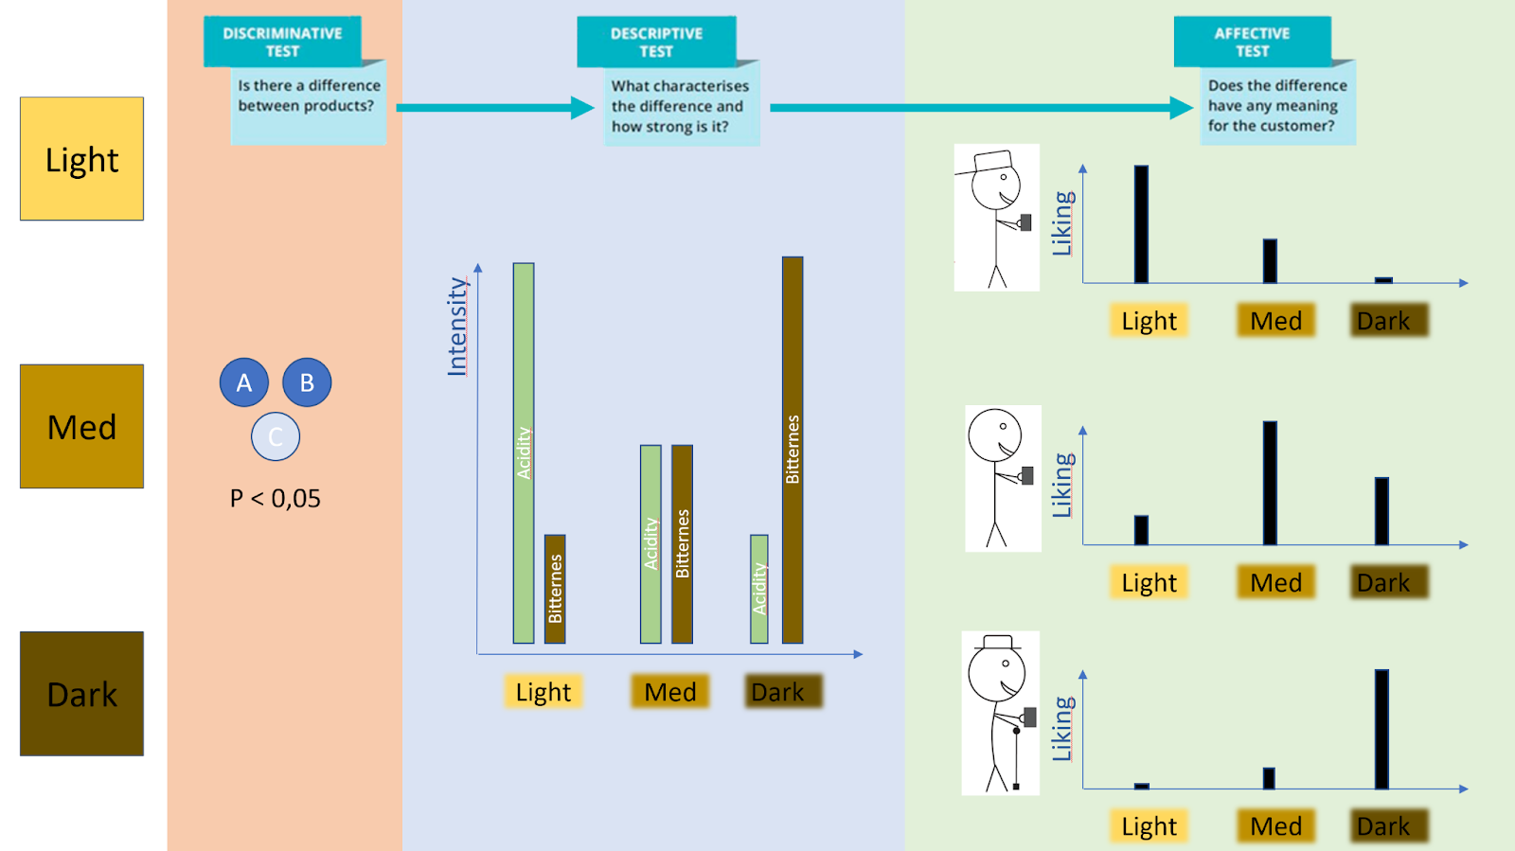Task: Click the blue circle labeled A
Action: pos(244,382)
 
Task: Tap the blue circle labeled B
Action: pos(307,382)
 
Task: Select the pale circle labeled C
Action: pos(276,436)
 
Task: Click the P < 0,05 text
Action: pos(276,499)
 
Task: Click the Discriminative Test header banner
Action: pos(282,42)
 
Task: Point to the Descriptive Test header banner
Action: pos(656,42)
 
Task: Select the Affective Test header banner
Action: pos(1252,42)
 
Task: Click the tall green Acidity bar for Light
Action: pos(524,452)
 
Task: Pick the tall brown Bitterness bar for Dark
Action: pos(793,450)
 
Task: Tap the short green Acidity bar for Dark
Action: pos(759,589)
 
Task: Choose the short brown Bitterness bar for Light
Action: pos(555,589)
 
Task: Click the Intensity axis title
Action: pos(457,327)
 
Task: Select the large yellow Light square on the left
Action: pos(82,159)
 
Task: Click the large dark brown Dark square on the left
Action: pos(82,694)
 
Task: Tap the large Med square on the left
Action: pos(82,426)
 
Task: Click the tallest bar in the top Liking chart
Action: pos(1141,224)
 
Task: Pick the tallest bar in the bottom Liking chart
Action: pos(1381,729)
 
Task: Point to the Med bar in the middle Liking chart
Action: pos(1270,483)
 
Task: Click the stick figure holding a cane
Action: pos(1000,713)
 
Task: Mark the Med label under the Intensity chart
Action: pos(670,692)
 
